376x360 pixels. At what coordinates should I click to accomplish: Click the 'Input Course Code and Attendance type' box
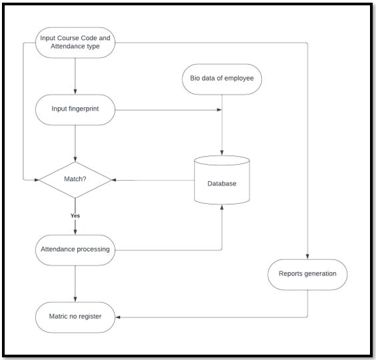point(75,43)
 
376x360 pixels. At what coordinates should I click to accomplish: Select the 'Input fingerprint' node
point(75,109)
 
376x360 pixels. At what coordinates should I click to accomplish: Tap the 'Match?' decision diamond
point(75,180)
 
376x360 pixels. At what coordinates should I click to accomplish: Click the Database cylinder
point(222,180)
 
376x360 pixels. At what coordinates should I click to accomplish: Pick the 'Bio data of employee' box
point(222,79)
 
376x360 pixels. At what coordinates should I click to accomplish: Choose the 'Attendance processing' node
point(75,250)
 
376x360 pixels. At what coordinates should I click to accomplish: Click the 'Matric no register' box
point(75,317)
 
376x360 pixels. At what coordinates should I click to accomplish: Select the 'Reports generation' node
point(307,275)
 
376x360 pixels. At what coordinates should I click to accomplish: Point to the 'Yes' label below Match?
point(75,215)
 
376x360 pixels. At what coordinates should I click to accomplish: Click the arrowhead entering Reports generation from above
point(307,257)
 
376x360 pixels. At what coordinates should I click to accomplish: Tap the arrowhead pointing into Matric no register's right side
point(118,317)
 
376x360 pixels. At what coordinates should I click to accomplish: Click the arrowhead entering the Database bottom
point(222,207)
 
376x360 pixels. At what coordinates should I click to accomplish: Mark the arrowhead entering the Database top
point(222,153)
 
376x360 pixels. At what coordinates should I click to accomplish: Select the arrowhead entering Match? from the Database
point(114,180)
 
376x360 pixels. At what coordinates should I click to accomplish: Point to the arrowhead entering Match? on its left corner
point(37,179)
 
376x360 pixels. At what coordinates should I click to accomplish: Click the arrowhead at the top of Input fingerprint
point(75,91)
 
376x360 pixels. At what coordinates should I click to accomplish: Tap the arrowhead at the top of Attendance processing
point(75,232)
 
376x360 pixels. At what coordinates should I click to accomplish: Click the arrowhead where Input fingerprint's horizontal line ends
point(219,109)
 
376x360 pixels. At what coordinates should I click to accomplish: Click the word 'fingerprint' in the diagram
point(83,109)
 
